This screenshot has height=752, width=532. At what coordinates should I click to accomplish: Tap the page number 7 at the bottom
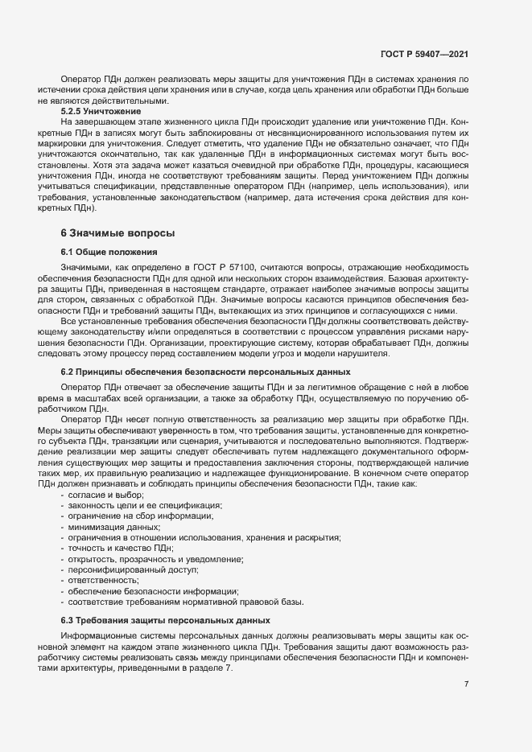(x=467, y=684)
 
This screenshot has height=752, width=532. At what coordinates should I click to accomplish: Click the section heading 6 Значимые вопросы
(x=118, y=232)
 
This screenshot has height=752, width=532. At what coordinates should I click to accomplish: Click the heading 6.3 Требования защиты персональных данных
(x=166, y=620)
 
